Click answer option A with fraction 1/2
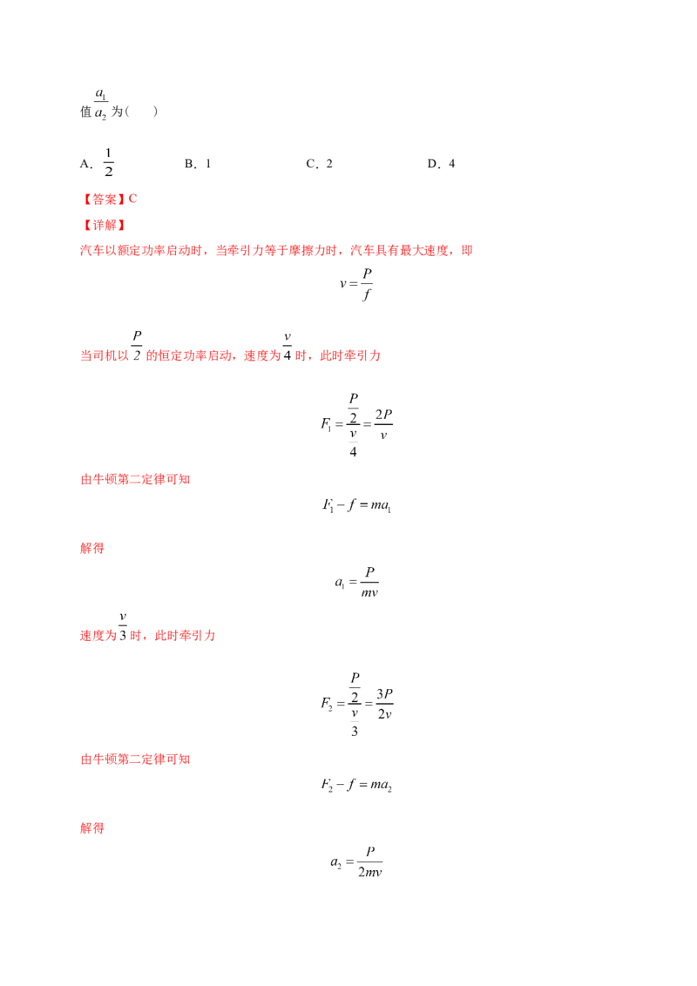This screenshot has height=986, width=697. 97,163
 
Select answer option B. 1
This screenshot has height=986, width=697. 198,164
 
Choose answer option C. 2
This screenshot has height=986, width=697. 319,164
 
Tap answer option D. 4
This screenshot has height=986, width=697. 441,164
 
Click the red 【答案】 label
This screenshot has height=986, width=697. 104,199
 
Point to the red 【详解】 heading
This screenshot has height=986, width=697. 104,225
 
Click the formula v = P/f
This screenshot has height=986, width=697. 356,284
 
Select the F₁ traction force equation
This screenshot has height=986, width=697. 356,425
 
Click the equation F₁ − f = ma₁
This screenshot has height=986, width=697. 356,505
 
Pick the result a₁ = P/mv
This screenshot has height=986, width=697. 356,582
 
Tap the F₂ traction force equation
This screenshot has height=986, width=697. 356,704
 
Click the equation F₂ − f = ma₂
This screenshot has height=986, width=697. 356,785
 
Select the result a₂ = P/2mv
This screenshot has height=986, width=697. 356,861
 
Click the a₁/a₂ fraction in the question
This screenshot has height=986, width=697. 101,104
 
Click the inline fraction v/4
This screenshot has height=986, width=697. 288,347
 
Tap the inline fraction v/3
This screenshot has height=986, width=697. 123,626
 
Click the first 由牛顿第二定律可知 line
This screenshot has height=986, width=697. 135,479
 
